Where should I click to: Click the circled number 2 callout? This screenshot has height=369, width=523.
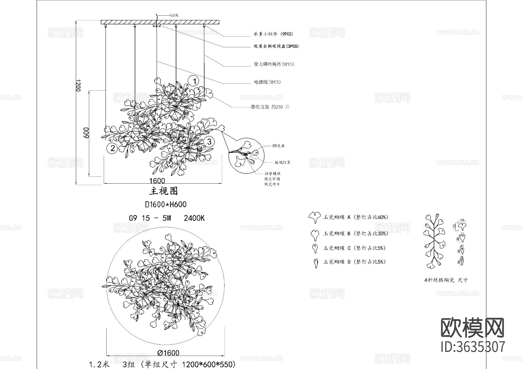(x=112, y=148)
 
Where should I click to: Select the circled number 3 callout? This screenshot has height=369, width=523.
(x=209, y=142)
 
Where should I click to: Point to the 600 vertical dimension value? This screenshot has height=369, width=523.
(x=86, y=133)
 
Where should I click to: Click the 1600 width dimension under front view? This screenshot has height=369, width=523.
(x=157, y=181)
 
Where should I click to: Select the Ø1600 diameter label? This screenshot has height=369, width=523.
(x=168, y=353)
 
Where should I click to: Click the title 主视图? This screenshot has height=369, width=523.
(x=164, y=191)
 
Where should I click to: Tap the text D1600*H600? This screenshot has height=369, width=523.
(x=166, y=205)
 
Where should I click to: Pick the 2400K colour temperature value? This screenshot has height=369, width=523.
(x=194, y=218)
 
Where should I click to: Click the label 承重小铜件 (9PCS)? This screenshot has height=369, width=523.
(x=273, y=34)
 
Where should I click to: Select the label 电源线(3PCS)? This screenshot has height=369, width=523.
(x=267, y=82)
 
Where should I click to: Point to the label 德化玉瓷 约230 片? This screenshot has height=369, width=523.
(x=270, y=107)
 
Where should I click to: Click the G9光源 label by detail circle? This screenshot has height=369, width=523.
(x=278, y=146)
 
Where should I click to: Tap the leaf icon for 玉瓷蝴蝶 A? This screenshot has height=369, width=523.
(x=315, y=217)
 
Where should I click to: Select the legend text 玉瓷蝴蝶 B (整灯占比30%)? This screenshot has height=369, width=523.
(x=356, y=233)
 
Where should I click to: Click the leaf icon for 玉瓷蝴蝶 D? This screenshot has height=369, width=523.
(x=315, y=263)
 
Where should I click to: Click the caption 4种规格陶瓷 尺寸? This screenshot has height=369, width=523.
(x=446, y=280)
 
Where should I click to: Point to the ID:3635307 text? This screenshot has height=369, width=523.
(x=473, y=347)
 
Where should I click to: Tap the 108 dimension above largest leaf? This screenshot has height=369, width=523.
(x=462, y=220)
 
